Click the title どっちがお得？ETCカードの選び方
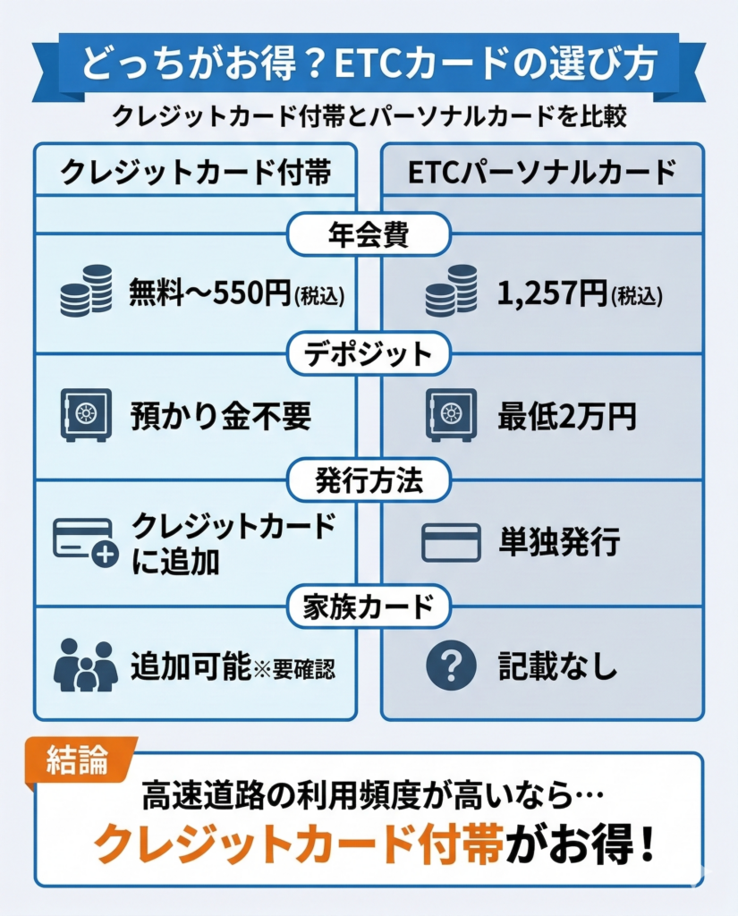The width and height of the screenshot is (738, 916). click(369, 65)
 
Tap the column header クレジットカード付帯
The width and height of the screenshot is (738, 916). click(195, 172)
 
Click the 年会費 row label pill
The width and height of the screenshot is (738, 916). click(369, 234)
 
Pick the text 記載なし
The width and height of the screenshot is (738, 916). click(558, 667)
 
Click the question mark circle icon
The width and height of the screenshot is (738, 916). click(451, 666)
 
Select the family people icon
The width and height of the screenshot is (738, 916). click(86, 666)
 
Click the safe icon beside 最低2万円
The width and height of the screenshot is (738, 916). click(451, 415)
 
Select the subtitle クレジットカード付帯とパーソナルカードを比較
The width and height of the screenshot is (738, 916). click(369, 117)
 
